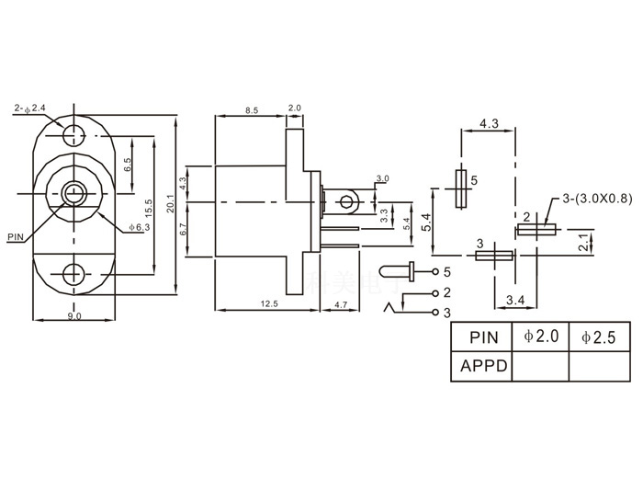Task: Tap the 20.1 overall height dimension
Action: coord(170,204)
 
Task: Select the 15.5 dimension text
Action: coord(150,204)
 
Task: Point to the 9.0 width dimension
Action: coord(73,316)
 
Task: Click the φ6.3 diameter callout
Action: coord(139,226)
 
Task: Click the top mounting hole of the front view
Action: coord(73,135)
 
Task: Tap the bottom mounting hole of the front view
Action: coord(73,274)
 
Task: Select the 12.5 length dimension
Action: coord(269,303)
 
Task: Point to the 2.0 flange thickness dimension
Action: coord(294,108)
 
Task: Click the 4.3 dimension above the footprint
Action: coord(489,123)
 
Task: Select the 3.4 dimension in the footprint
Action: coord(515,300)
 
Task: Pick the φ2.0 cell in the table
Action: coord(541,337)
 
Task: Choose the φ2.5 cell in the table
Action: coord(598,337)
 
